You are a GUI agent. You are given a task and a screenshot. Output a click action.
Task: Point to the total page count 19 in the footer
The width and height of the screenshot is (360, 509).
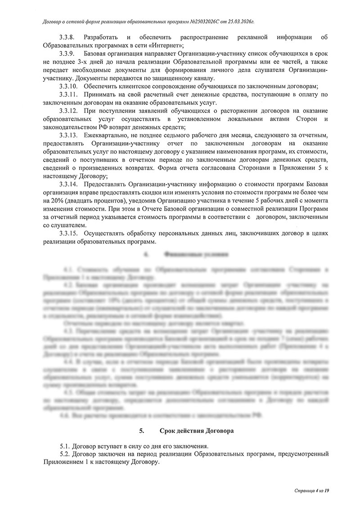pos(327,490)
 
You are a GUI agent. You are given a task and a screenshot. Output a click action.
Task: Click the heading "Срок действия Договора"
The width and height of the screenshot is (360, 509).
pos(197,431)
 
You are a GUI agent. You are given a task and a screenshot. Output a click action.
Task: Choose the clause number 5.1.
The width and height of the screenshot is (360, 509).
pos(66,446)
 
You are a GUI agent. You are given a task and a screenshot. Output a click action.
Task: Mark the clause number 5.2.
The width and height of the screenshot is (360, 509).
pos(66,455)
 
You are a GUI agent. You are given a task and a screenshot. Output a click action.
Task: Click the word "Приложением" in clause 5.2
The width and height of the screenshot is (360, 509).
pos(61,463)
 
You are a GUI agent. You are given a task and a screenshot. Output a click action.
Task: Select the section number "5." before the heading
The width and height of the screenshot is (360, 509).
pos(141,431)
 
